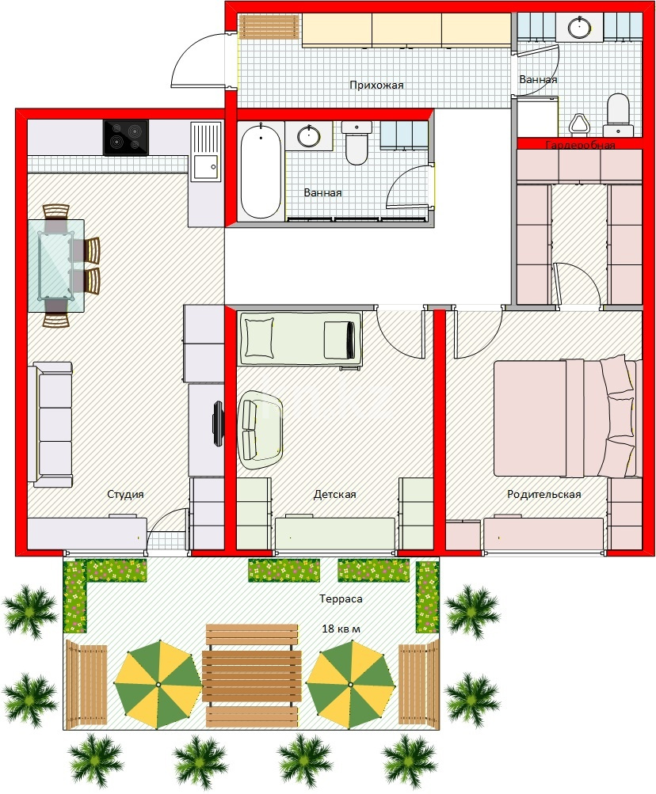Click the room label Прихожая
click(376, 85)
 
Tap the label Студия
click(125, 494)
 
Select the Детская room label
click(334, 494)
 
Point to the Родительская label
click(544, 494)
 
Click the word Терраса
click(341, 599)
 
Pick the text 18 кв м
click(341, 629)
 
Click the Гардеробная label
click(580, 146)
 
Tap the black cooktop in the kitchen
click(126, 137)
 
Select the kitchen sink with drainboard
click(206, 151)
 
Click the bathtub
click(260, 171)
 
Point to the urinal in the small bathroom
click(578, 123)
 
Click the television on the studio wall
click(218, 424)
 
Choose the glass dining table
click(55, 266)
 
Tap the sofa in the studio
click(50, 424)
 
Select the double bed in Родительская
click(565, 417)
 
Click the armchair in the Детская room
click(261, 431)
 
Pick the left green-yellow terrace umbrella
click(158, 684)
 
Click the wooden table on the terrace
click(251, 677)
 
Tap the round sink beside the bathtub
click(308, 136)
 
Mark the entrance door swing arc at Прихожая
click(189, 53)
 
